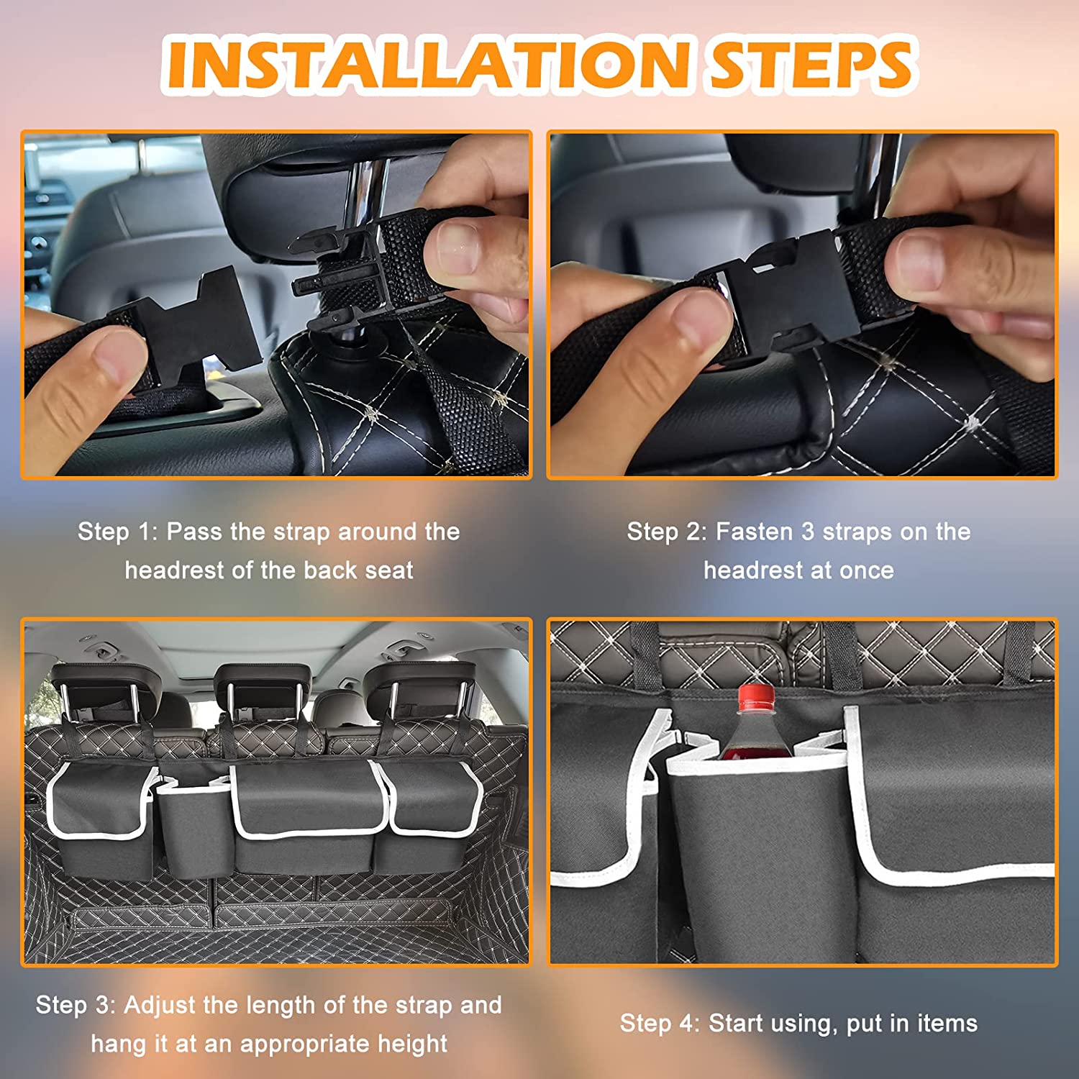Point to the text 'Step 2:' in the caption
[667, 532]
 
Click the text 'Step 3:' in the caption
[76, 1005]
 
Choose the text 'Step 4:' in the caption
[660, 1023]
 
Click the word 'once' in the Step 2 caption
[867, 570]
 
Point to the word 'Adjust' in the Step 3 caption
[162, 1006]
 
